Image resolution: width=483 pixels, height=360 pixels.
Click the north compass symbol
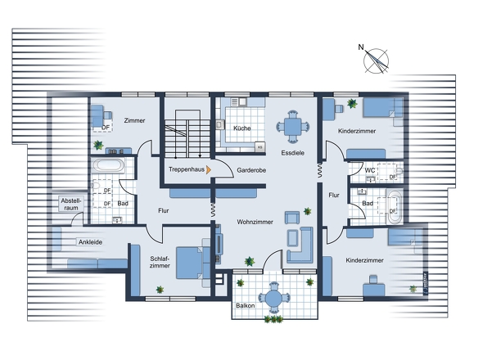378,59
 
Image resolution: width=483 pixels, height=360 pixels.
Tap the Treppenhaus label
185,169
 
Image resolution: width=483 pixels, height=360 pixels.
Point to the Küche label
241,129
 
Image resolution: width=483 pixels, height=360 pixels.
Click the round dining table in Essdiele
292,127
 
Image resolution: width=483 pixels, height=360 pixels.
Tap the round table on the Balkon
273,298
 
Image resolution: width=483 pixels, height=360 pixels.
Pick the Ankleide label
89,242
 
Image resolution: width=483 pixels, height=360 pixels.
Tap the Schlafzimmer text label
160,262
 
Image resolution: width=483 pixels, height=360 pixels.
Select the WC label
369,170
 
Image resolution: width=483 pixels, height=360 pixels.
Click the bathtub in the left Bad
108,165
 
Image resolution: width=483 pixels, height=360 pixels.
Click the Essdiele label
292,153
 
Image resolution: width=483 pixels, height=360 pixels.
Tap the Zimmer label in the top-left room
134,120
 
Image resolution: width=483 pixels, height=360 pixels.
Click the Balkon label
245,306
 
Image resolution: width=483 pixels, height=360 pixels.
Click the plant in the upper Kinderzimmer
352,104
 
